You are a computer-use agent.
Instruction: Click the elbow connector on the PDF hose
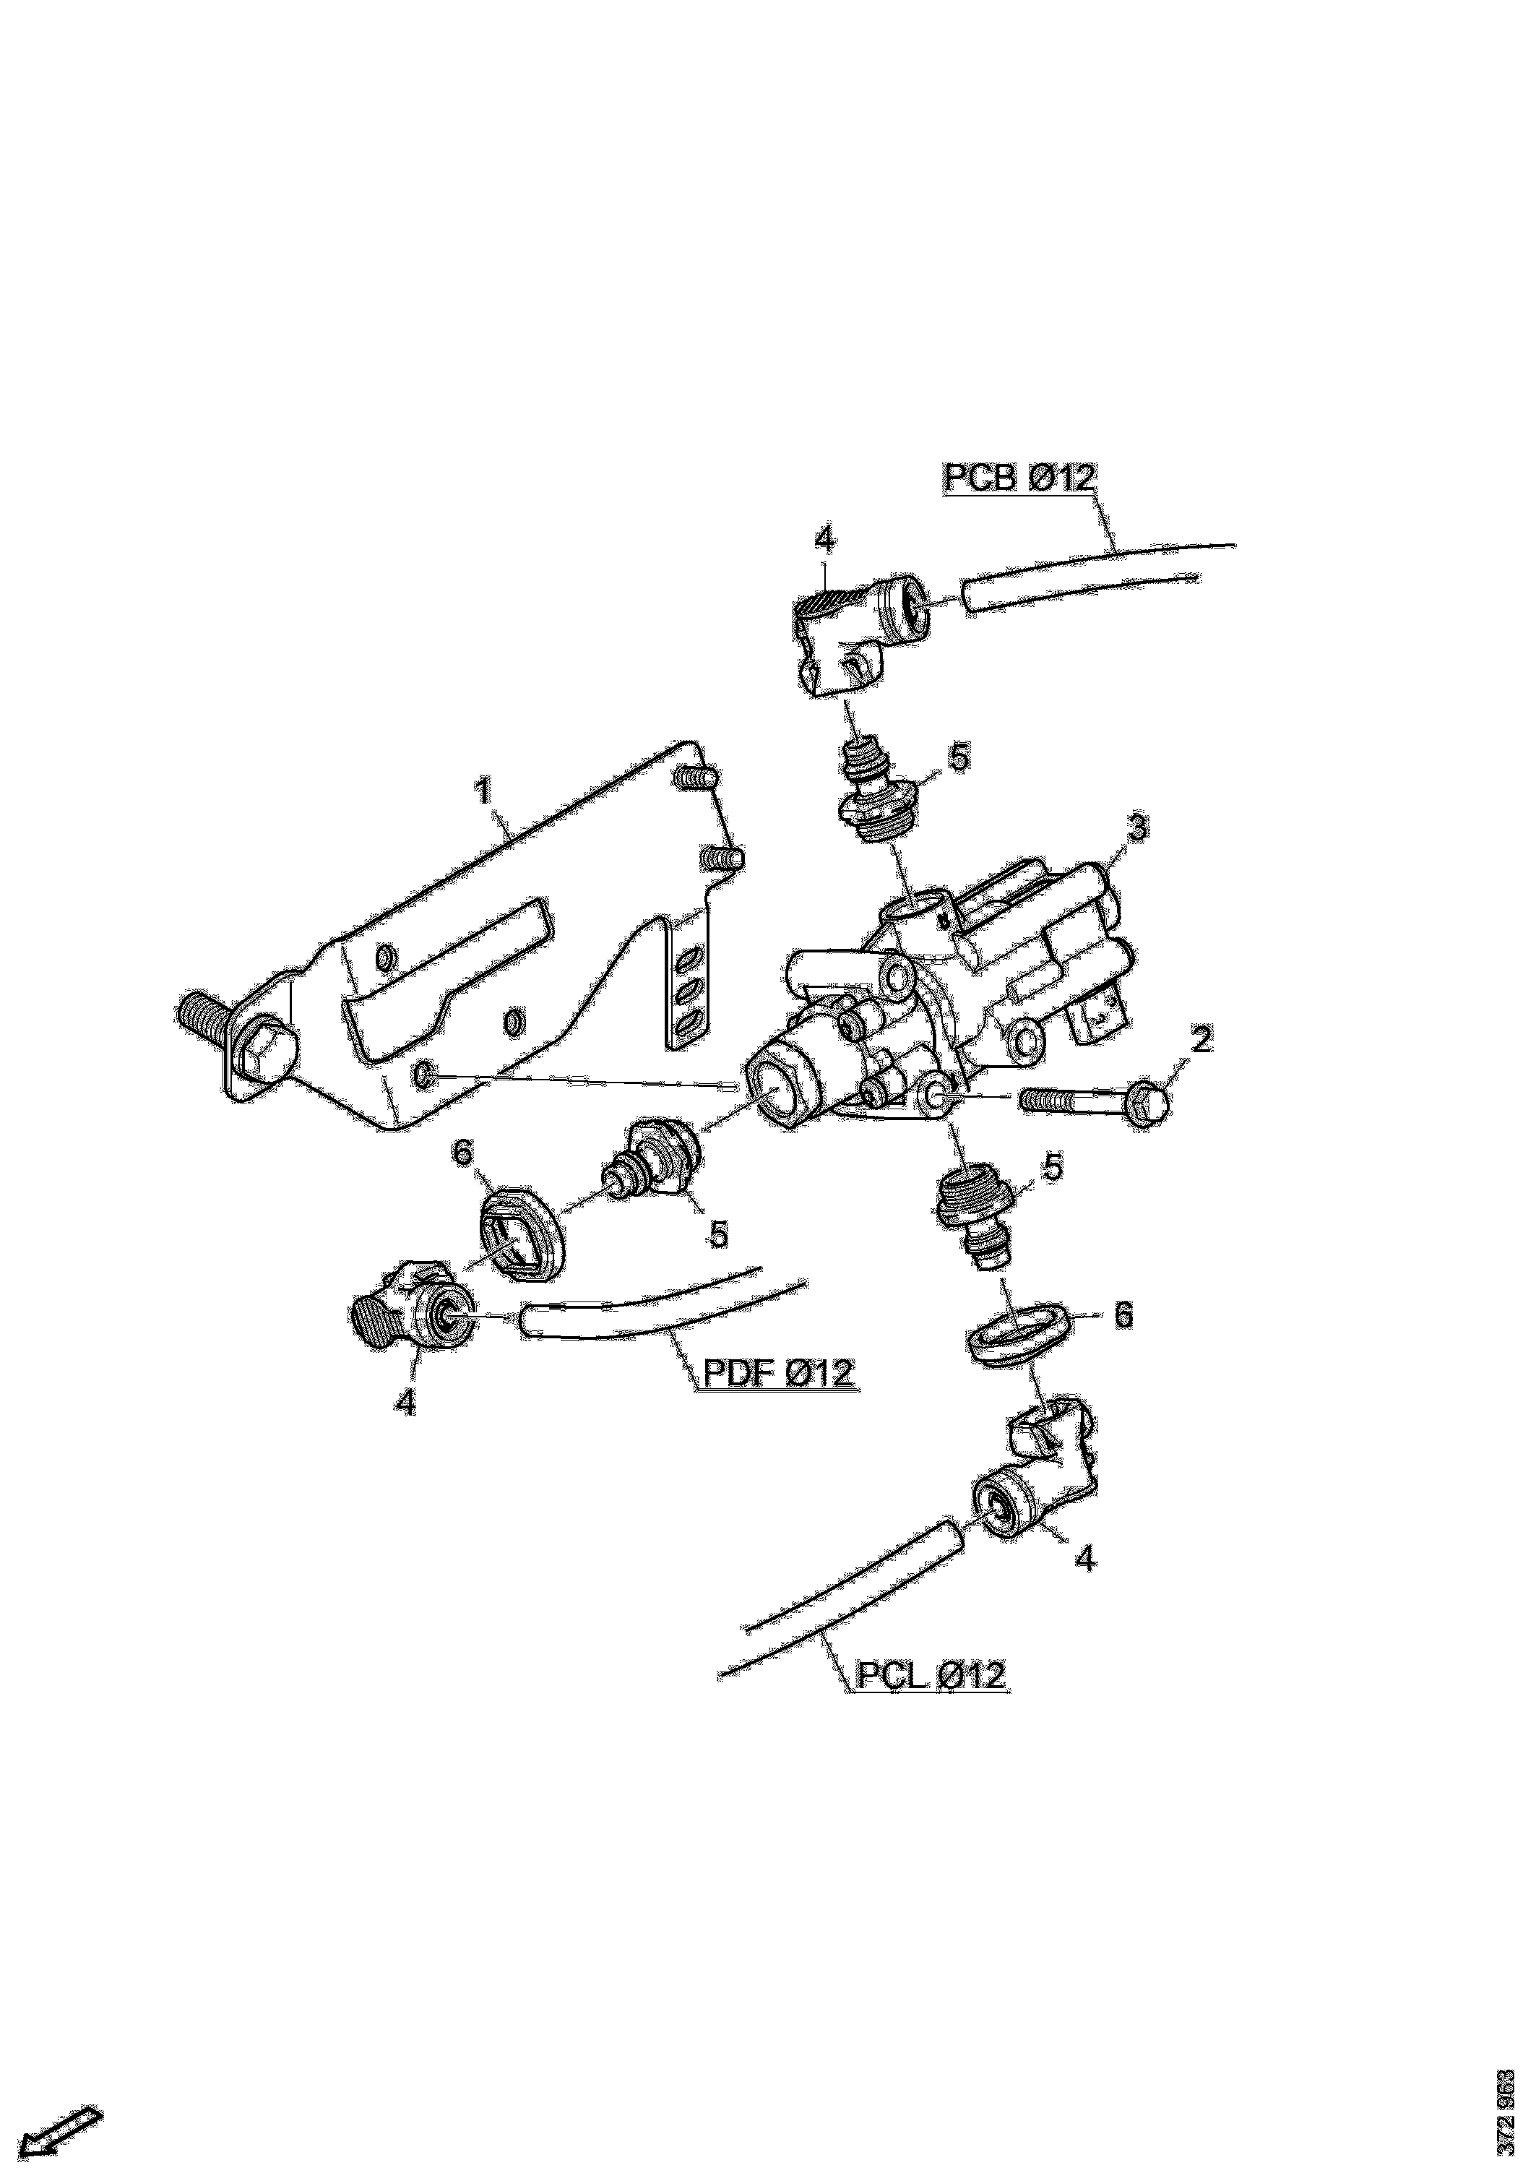pos(412,1309)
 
